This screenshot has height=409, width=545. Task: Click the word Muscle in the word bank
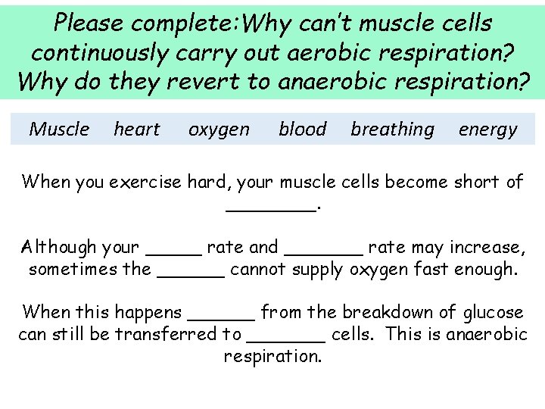pos(59,130)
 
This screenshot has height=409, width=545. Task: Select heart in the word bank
pos(137,130)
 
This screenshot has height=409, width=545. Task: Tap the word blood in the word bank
pos(302,130)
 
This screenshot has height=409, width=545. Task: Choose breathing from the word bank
pos(392,130)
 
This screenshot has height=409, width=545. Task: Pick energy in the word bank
pos(487,130)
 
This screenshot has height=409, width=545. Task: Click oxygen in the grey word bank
pos(219,130)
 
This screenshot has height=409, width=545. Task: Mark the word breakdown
pos(385,312)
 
